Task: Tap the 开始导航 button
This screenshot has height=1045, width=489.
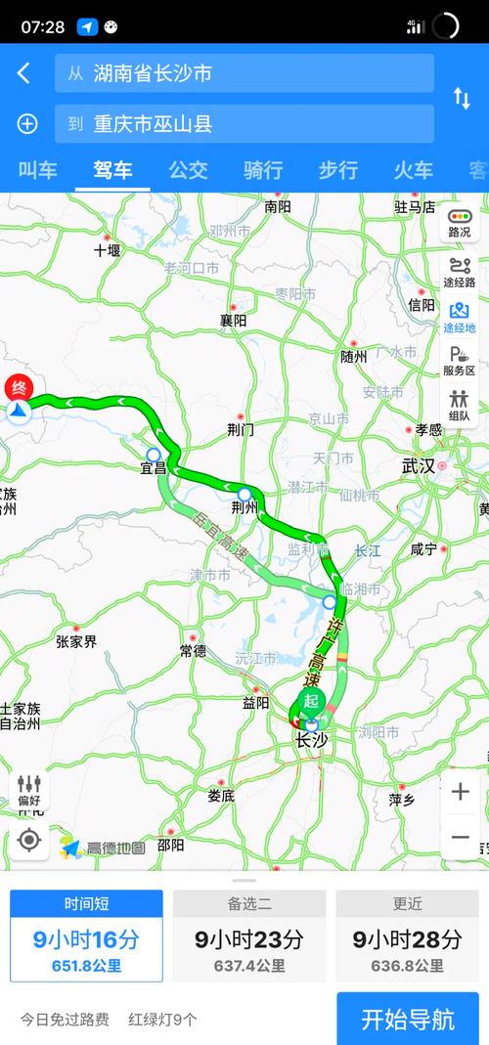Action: (x=408, y=1020)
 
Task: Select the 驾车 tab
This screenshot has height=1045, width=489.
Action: (x=112, y=170)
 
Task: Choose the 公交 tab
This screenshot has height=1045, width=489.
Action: (x=188, y=170)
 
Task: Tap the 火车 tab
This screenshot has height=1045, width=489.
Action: (x=413, y=170)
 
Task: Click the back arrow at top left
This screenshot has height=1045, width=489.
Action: (x=24, y=73)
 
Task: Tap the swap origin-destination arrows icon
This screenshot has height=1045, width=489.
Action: (x=462, y=98)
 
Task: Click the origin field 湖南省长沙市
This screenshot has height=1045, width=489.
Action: (x=244, y=73)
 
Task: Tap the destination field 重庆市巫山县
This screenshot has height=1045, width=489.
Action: (x=244, y=124)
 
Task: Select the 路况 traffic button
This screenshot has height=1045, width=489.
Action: (x=459, y=223)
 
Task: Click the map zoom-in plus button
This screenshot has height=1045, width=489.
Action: (x=460, y=792)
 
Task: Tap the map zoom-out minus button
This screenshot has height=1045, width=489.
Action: (x=460, y=837)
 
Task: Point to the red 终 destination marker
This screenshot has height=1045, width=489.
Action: (x=19, y=388)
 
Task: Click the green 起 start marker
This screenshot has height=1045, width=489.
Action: (x=311, y=701)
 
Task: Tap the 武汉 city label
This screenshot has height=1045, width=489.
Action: (x=419, y=466)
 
